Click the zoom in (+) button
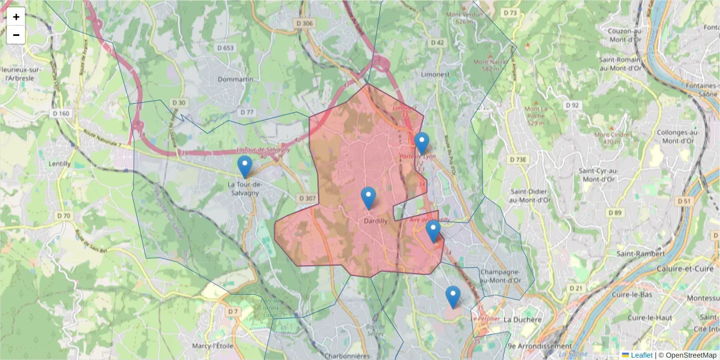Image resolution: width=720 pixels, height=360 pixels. point(16,17)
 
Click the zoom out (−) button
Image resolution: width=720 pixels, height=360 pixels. point(16,35)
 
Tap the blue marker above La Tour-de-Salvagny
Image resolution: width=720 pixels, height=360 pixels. point(245,166)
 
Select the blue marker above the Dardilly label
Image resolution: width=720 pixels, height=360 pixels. point(368,197)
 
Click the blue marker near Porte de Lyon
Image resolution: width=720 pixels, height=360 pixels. point(422,143)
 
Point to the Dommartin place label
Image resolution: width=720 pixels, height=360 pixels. point(236,79)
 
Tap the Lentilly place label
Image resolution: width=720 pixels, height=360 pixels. point(59,163)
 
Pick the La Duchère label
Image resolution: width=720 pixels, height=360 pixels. point(522,320)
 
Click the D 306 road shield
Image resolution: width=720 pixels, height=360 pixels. point(305,23)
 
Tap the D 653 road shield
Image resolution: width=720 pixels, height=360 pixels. point(226,47)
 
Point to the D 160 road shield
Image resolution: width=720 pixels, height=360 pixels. point(61,113)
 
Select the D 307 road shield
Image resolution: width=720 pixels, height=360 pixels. point(306,198)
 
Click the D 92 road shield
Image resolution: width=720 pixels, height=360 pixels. point(573,105)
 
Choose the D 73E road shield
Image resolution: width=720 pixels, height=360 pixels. point(518,160)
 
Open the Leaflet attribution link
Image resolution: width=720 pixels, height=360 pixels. point(641,355)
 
